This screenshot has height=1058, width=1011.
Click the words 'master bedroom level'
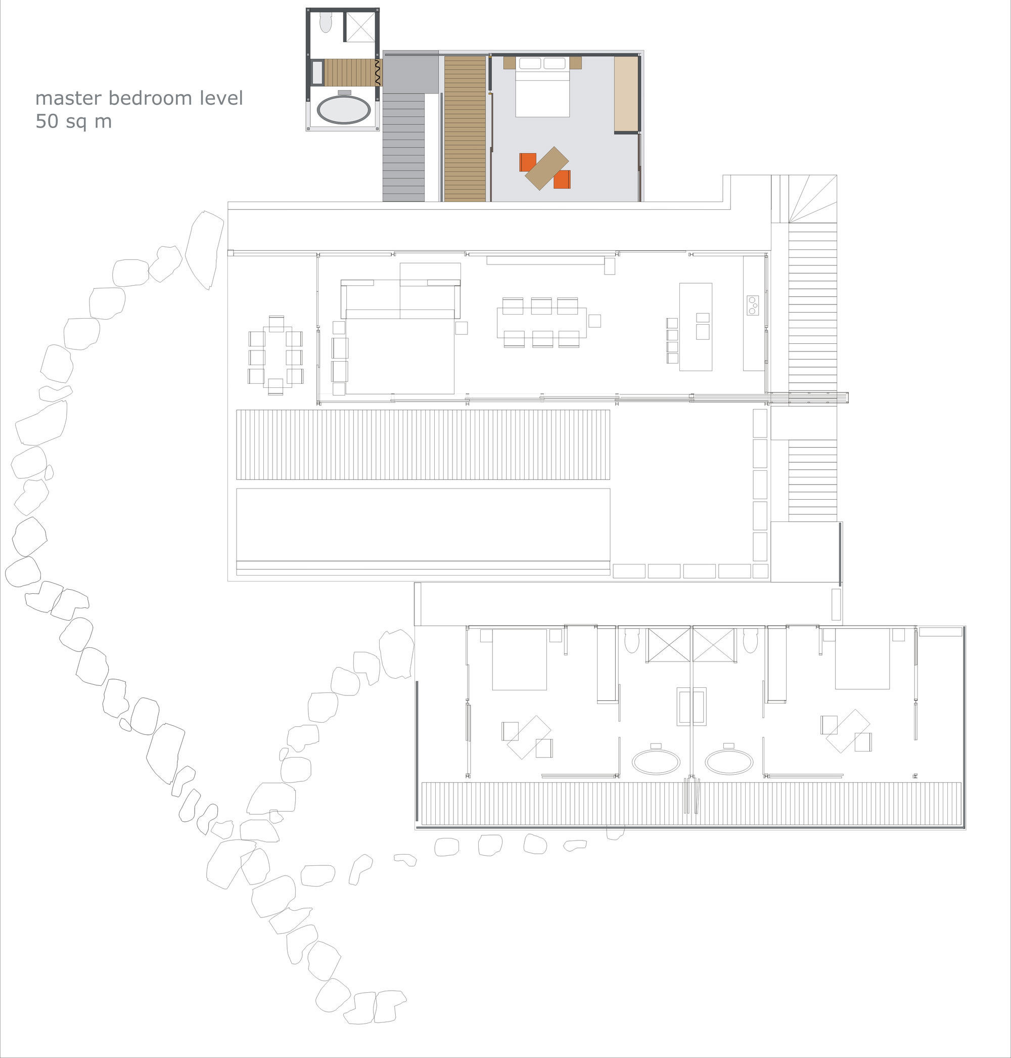(139, 98)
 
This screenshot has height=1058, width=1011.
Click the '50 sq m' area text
(74, 121)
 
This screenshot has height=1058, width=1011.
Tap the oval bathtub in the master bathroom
(344, 110)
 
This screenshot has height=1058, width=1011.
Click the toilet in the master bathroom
(326, 22)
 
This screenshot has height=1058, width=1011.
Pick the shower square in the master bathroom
(359, 26)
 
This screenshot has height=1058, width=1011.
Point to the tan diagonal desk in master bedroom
(546, 168)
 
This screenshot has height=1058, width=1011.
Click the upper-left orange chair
(528, 162)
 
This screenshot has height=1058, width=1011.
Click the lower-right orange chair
(562, 180)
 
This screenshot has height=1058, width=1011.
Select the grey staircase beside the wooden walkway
(404, 147)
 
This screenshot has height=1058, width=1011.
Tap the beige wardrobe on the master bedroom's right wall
(626, 94)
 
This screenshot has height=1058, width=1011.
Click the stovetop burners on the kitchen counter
(752, 305)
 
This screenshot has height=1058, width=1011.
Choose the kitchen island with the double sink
(695, 327)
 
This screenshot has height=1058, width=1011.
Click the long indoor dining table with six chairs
(541, 323)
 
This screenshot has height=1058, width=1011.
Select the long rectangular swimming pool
(423, 524)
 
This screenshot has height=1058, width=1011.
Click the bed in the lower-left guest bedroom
(520, 659)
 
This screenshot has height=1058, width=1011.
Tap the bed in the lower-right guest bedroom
(862, 658)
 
